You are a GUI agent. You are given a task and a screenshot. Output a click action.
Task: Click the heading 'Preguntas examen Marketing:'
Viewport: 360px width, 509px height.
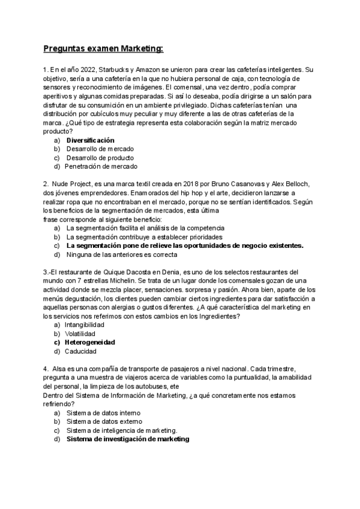click(x=103, y=48)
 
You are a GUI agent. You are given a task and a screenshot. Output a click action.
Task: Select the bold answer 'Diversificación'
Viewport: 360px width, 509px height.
click(x=90, y=140)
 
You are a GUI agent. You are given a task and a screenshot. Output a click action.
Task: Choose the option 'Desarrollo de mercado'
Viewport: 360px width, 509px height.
click(x=100, y=148)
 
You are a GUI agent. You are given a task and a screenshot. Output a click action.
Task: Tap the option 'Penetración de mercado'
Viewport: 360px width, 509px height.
click(x=101, y=166)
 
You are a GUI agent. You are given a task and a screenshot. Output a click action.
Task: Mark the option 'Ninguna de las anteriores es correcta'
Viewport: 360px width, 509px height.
click(x=126, y=254)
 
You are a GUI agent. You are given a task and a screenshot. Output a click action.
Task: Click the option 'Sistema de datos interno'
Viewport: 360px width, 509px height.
click(x=103, y=413)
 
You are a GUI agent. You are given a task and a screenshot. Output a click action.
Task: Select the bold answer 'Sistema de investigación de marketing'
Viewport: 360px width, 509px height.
click(x=128, y=439)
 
